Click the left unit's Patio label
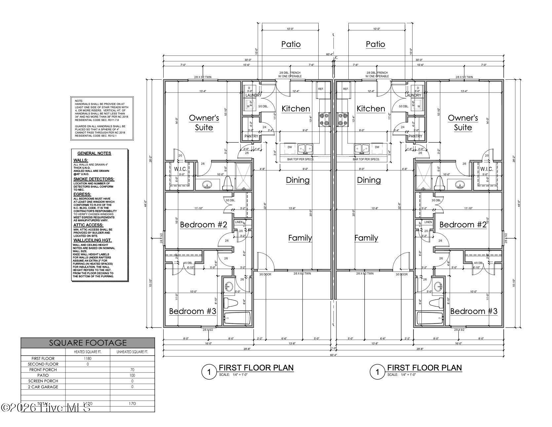click(x=291, y=44)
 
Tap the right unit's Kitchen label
click(x=371, y=108)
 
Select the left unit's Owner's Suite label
click(x=204, y=123)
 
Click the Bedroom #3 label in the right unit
click(x=474, y=311)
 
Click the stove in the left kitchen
click(x=324, y=119)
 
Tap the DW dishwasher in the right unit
click(x=377, y=147)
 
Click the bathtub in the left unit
click(x=237, y=318)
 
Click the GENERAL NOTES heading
click(x=94, y=153)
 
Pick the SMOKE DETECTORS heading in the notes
click(x=94, y=179)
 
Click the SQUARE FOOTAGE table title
click(x=88, y=343)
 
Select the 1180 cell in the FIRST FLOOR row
click(x=88, y=358)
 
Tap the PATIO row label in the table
click(x=43, y=375)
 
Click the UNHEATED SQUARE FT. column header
click(x=132, y=352)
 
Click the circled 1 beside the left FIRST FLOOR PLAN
click(x=209, y=372)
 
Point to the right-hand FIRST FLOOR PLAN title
click(x=424, y=368)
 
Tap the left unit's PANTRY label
click(x=251, y=136)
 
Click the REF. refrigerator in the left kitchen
click(x=321, y=89)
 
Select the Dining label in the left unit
click(x=297, y=180)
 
